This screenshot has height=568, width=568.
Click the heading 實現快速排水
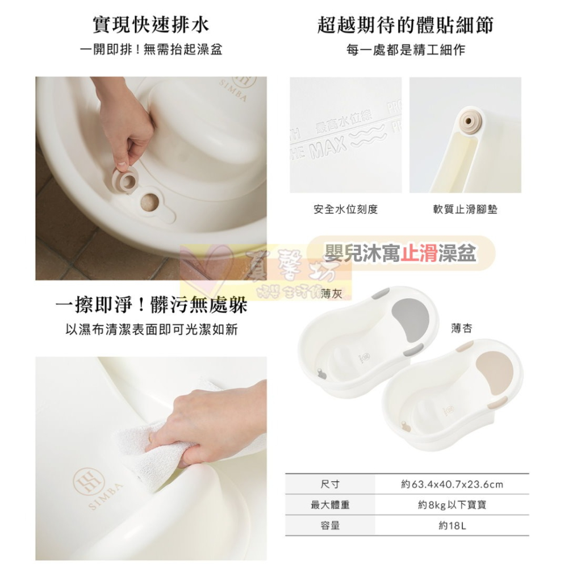[x=151, y=24]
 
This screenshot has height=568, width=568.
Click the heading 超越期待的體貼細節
[x=405, y=24]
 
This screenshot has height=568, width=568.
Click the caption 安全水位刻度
[x=345, y=210]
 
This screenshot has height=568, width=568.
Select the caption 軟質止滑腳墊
[x=465, y=210]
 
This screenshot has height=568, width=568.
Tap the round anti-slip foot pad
[x=470, y=120]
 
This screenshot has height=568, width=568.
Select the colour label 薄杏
[x=461, y=328]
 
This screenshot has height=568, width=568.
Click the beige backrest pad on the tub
[x=494, y=369]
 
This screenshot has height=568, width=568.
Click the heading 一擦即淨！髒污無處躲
[x=151, y=306]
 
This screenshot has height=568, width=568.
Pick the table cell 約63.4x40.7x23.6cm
[x=452, y=485]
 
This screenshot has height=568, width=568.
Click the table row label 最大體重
[x=330, y=505]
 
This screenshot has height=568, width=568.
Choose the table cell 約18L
[x=452, y=526]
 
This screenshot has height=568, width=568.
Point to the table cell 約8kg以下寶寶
[x=452, y=505]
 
